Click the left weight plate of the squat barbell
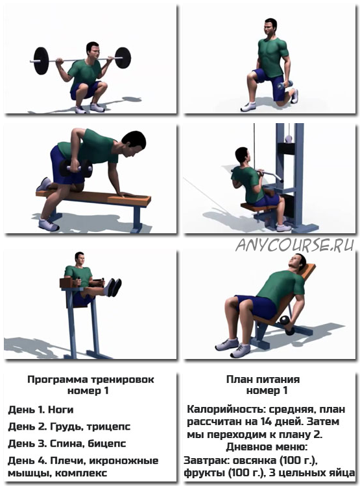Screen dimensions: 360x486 (41, 61)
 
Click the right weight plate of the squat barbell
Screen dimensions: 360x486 (123, 58)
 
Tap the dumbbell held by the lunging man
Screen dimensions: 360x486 (285, 85)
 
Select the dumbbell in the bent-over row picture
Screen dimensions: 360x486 (76, 168)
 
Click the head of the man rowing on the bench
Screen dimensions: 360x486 (134, 143)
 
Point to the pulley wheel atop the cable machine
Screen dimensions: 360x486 (289, 139)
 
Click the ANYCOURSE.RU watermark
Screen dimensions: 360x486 (294, 246)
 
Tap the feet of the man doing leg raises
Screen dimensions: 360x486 (113, 287)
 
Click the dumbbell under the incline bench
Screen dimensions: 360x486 (287, 325)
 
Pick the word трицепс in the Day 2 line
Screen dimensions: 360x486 (108, 427)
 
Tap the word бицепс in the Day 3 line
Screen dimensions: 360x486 (107, 443)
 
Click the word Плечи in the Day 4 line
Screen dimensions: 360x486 (64, 461)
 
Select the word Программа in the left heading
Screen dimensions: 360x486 (58, 380)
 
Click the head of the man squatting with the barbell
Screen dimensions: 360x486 (93, 51)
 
